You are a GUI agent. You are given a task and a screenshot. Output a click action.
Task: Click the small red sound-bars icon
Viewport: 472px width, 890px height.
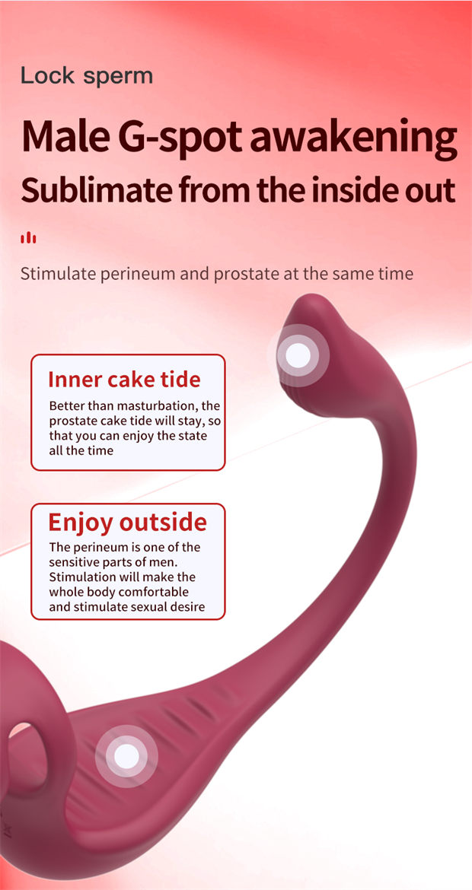[x=28, y=238]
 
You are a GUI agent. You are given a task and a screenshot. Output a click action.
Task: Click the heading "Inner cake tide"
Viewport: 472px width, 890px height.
[x=124, y=379]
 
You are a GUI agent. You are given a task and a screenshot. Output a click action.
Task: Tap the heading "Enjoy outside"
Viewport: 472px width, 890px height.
[x=128, y=522]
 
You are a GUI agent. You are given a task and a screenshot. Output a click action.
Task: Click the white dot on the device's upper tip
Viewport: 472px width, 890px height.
[x=298, y=355]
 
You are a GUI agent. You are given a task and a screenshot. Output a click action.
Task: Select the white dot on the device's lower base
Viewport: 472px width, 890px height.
[x=126, y=756]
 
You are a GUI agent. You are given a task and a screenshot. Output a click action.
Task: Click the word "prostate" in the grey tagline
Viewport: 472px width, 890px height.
[x=242, y=275]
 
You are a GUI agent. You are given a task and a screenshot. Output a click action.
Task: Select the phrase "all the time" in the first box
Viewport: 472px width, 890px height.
[x=81, y=451]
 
